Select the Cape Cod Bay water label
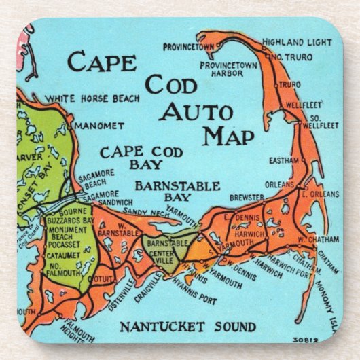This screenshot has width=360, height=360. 131,158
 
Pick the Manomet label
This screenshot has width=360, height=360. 99,126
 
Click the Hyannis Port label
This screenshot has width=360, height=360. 193,288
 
